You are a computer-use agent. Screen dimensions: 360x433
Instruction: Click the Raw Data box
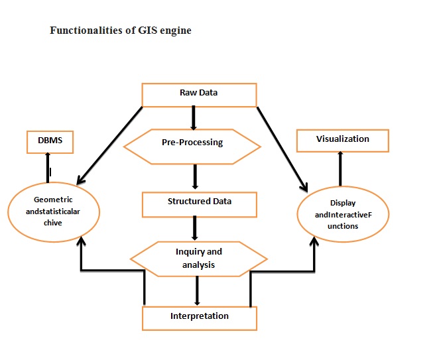[x=199, y=94]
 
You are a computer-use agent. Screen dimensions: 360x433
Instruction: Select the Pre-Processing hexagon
[x=192, y=143]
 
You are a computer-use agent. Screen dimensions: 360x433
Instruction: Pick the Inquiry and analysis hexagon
[x=198, y=258]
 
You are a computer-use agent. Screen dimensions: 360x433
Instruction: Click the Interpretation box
[x=199, y=317]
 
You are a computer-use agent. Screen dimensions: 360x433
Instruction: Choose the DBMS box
[x=50, y=141]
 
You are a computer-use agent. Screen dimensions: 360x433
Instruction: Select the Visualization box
[x=342, y=140]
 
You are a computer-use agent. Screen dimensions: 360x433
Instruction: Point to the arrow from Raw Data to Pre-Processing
[x=194, y=117]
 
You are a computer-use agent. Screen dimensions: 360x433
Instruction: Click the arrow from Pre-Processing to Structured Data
[x=195, y=177]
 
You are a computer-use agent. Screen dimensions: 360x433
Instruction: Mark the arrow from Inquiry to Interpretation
[x=197, y=290]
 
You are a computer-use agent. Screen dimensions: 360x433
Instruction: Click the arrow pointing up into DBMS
[x=48, y=168]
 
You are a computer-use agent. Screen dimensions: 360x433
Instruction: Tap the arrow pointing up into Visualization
[x=341, y=168]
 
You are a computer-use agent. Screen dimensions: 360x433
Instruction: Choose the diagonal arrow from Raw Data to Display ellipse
[x=283, y=147]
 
